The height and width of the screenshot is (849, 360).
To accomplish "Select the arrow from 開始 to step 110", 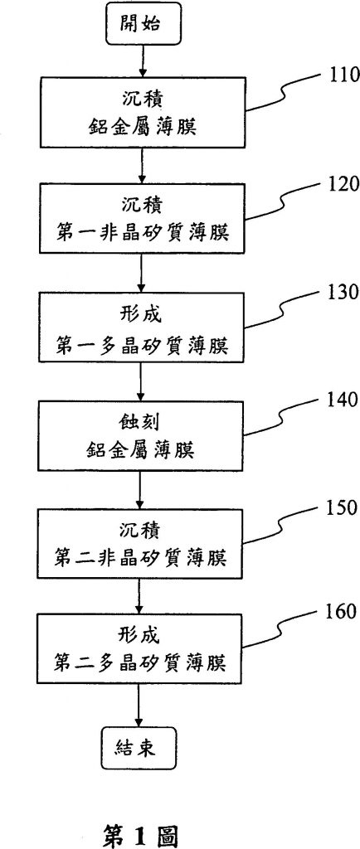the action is pos(141,60).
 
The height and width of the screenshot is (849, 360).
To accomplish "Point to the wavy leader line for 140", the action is pos(285,420).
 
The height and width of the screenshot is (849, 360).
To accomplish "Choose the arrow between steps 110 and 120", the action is pos(141,165).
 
